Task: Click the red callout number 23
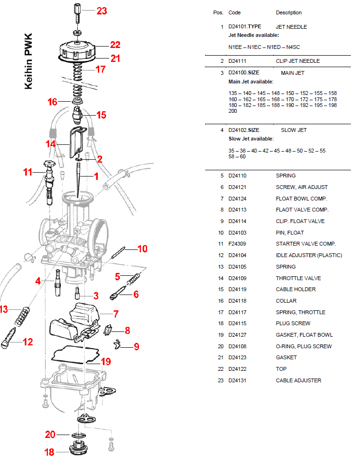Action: tap(102, 11)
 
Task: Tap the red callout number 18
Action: tap(49, 452)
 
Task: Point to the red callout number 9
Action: tap(137, 346)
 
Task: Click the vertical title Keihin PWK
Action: tap(29, 61)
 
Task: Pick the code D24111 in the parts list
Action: tap(240, 61)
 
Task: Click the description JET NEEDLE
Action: tap(291, 27)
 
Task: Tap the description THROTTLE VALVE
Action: tap(298, 278)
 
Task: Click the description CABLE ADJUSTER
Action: tap(298, 380)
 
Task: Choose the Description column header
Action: tap(289, 12)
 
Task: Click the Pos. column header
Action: tap(218, 12)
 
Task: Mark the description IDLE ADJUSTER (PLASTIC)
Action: tap(309, 255)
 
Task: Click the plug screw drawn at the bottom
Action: tap(77, 450)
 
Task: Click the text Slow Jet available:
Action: tap(251, 139)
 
